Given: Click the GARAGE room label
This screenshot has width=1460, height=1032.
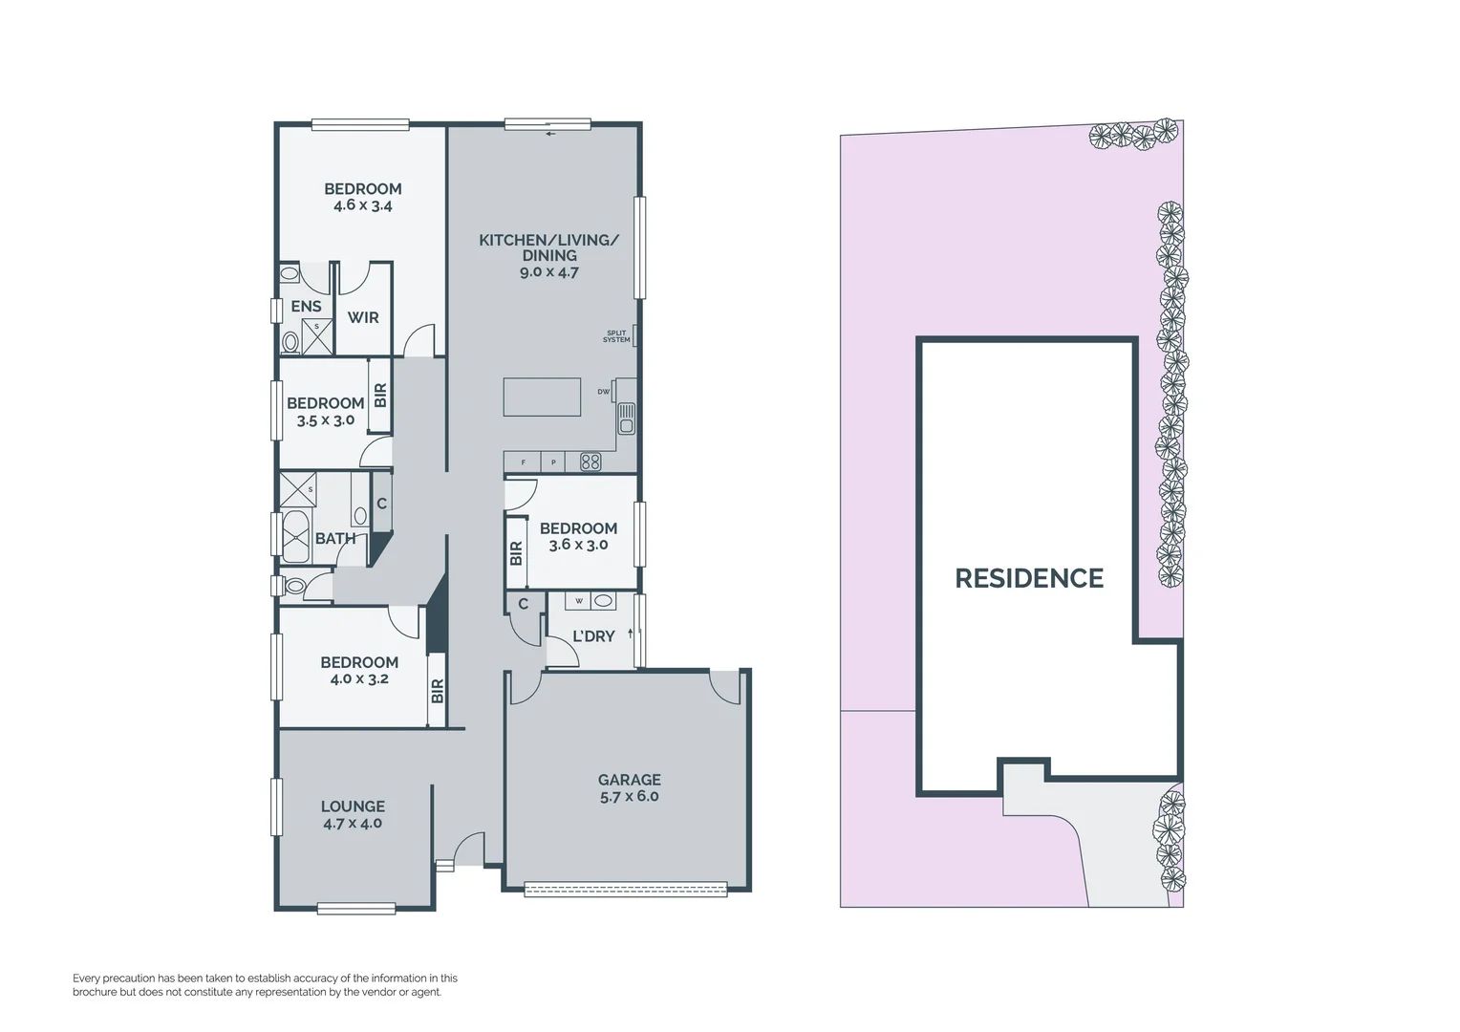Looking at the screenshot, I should [x=630, y=780].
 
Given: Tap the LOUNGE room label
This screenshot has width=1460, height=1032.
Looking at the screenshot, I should [x=353, y=806].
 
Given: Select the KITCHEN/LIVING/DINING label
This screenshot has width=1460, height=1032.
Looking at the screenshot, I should [x=549, y=247].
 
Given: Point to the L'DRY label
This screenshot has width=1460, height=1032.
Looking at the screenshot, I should [x=593, y=636].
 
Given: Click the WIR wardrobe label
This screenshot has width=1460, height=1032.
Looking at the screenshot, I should [x=363, y=317].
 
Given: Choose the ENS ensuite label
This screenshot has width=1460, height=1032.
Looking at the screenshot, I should [x=306, y=307].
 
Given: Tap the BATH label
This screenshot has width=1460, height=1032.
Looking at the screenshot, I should [x=335, y=539].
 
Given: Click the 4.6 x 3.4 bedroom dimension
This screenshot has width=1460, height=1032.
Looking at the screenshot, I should [x=363, y=205].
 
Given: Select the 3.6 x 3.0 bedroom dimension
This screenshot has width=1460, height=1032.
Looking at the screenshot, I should [x=578, y=546].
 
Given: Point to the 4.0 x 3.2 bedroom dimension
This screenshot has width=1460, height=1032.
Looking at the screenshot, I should [x=359, y=679].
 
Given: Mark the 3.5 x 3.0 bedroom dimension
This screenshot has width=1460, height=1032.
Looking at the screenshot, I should [x=326, y=419].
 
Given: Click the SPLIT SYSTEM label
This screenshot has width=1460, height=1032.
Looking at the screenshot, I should [x=616, y=337].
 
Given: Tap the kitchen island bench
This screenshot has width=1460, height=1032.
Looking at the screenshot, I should [x=542, y=397].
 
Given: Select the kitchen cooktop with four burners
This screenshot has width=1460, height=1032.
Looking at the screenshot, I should [x=590, y=462].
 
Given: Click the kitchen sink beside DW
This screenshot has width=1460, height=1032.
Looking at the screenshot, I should [x=626, y=417].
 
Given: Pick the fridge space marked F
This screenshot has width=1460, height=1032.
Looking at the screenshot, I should [x=523, y=462].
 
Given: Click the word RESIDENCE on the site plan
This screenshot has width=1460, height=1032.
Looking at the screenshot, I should [x=1029, y=578].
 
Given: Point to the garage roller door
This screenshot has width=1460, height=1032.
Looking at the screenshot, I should [x=626, y=890].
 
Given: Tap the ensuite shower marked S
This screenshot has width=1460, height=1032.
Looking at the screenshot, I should [x=316, y=337].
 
